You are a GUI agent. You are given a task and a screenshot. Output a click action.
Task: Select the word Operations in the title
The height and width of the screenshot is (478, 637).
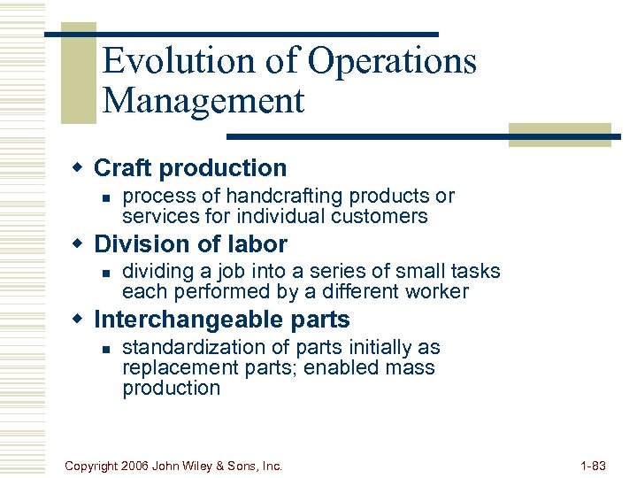click(392, 61)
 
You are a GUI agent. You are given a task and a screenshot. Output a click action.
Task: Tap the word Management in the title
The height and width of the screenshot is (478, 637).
click(203, 100)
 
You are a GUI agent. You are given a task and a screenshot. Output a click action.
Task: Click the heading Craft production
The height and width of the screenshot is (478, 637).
click(190, 167)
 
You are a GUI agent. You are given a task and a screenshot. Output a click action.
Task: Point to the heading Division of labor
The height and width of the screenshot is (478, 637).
click(190, 243)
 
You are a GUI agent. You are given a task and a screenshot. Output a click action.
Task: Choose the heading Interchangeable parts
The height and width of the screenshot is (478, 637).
click(221, 320)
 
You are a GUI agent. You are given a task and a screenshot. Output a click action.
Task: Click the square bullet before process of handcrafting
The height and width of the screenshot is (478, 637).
click(104, 197)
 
